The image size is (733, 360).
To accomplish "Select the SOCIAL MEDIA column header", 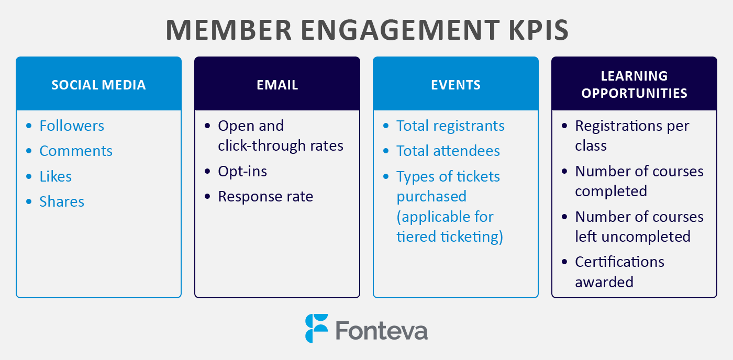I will pyautogui.click(x=98, y=85).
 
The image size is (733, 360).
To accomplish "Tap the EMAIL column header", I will pyautogui.click(x=277, y=85).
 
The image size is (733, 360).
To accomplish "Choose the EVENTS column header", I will pyautogui.click(x=456, y=85).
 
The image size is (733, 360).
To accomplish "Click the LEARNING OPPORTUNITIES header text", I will pyautogui.click(x=634, y=84).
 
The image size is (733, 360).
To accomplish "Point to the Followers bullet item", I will pyautogui.click(x=72, y=126).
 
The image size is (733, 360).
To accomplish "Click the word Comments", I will pyautogui.click(x=76, y=151).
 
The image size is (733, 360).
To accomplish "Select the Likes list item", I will pyautogui.click(x=55, y=176).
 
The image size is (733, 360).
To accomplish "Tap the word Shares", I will pyautogui.click(x=62, y=201).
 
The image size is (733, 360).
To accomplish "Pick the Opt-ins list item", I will pyautogui.click(x=242, y=171).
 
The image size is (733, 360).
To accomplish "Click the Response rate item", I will pyautogui.click(x=265, y=196).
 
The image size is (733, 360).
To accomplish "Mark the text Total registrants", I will pyautogui.click(x=450, y=126).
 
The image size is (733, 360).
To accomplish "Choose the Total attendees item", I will pyautogui.click(x=448, y=151).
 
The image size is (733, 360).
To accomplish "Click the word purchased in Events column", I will pyautogui.click(x=431, y=196).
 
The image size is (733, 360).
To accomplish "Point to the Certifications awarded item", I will pyautogui.click(x=619, y=272).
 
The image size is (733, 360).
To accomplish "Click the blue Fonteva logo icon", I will pyautogui.click(x=316, y=328).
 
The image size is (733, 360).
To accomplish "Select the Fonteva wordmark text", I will pyautogui.click(x=381, y=330).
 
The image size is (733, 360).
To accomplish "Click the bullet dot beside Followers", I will pyautogui.click(x=29, y=126).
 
